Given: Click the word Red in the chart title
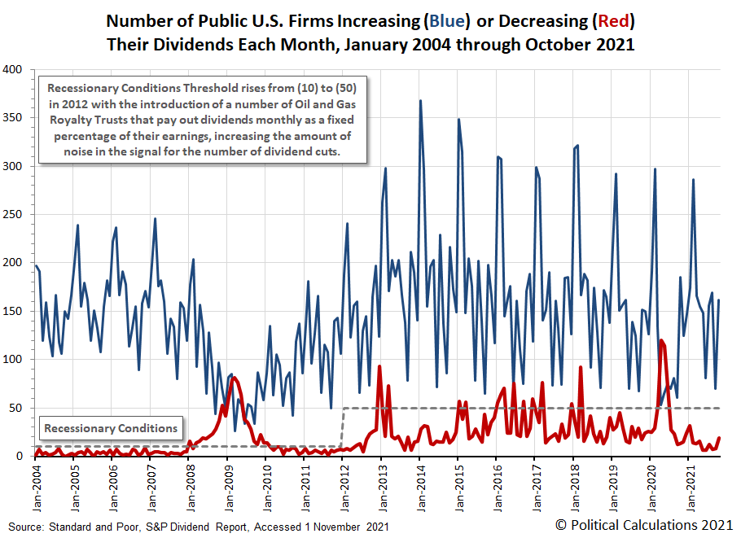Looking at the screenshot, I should coord(610,20).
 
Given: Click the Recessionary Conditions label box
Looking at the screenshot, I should coord(111,429).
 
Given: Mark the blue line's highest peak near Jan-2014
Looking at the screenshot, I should coord(420,101).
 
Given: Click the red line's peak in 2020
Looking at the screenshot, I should coord(661,340).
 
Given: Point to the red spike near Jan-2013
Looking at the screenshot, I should coord(380,366).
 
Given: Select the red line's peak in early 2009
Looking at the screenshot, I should coord(235,378).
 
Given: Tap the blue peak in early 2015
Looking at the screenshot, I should coord(458,120).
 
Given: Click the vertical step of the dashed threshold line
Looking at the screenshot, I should coord(342,426).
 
